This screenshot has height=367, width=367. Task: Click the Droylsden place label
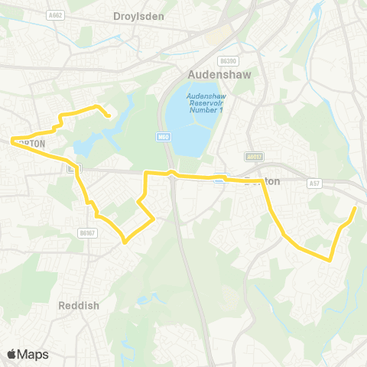pos(138,16)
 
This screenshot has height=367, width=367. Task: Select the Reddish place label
pos(79,305)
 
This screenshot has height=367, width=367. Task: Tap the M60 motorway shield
pos(162,136)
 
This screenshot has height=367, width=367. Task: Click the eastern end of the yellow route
pos(356,207)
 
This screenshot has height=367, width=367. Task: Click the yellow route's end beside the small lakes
pos(110,116)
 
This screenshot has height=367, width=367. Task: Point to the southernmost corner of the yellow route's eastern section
pos(330,260)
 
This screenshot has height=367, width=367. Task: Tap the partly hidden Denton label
pos(262,181)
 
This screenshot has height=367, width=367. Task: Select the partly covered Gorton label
pos(32,143)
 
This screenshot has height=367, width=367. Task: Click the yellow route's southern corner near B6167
pos(124,244)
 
